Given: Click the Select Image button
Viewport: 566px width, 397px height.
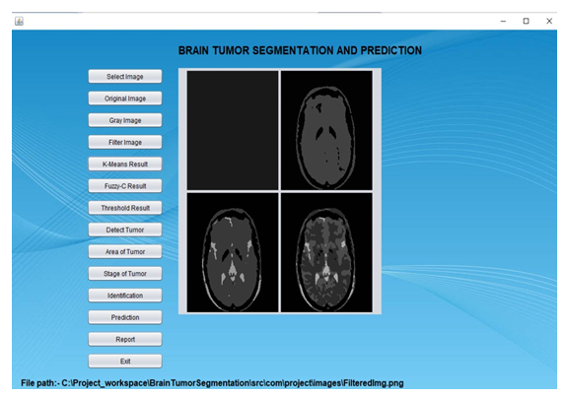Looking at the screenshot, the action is (x=125, y=77).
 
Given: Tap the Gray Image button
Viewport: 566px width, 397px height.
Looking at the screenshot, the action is (x=125, y=120).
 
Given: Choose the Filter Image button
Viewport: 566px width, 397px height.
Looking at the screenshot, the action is (x=125, y=143).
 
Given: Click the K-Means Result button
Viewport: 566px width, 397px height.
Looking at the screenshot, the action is (x=125, y=165).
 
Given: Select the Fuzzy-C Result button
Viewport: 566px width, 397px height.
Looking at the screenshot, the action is (x=125, y=186).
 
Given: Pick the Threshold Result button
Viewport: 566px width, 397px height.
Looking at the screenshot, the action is (x=125, y=208).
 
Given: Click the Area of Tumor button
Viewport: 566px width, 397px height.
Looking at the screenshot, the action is (x=125, y=251).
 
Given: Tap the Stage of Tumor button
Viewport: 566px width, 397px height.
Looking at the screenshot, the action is (x=125, y=274).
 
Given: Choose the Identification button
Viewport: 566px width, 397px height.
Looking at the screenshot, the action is (x=125, y=296).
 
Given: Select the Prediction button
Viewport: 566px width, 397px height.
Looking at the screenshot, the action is (x=125, y=317).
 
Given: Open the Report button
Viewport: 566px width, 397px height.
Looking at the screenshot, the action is (x=125, y=339).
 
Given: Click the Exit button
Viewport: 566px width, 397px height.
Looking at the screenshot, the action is (x=125, y=362).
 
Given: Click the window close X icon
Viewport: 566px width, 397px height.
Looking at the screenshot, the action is (x=549, y=22).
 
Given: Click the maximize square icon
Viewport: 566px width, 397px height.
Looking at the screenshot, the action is (x=526, y=22).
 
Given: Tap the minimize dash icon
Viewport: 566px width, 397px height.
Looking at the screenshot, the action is (x=503, y=22).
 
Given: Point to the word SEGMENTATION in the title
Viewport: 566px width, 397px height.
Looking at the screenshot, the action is (x=293, y=50).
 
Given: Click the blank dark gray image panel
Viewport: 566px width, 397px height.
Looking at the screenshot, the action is (x=233, y=130).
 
